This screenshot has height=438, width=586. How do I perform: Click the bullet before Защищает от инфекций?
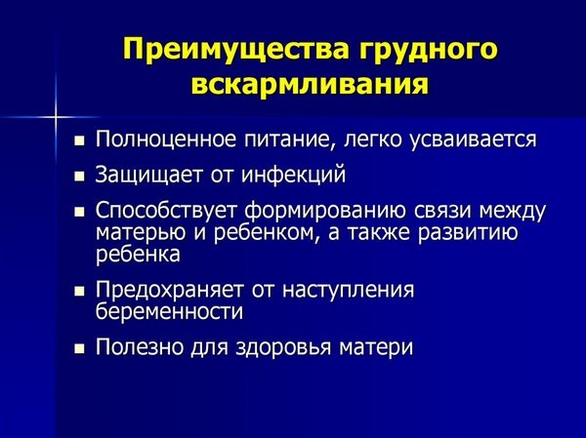80,179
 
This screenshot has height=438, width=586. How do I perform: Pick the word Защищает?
142,176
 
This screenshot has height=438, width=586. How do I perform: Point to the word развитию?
474,234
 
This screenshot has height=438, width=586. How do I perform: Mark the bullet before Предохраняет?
80,293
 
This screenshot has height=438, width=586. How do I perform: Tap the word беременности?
169,312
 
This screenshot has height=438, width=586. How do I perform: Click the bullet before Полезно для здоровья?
80,349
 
